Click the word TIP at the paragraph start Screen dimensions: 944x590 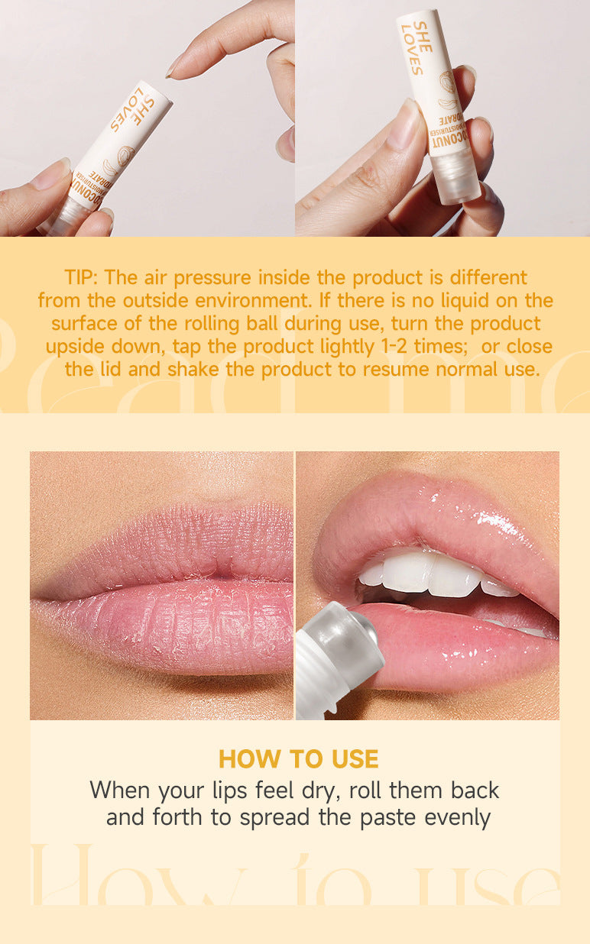point(81,276)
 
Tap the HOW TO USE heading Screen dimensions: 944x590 point(298,758)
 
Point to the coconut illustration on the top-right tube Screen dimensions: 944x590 point(447,88)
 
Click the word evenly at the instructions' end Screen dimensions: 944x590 point(457,817)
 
